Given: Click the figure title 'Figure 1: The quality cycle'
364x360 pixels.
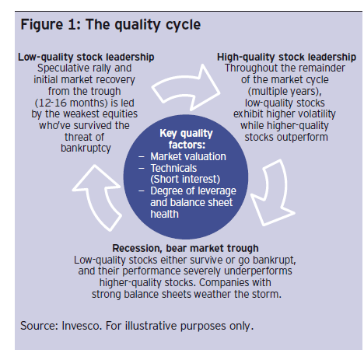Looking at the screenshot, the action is [110, 25].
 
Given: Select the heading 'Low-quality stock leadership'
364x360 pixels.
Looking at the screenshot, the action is [86, 57].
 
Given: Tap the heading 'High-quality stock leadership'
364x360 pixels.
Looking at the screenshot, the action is [286, 57].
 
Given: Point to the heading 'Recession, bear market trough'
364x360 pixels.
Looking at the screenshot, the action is [185, 248].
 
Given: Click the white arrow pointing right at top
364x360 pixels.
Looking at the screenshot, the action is [186, 88].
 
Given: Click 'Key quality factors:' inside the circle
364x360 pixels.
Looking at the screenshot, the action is [186, 139].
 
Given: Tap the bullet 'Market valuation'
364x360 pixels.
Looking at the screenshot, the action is [188, 156].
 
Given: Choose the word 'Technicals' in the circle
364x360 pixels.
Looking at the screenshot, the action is [173, 168].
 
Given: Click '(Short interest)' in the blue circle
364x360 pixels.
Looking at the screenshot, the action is [185, 179].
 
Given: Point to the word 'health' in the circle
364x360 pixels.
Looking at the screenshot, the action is [164, 214].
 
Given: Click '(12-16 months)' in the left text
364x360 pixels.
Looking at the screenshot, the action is [71, 103].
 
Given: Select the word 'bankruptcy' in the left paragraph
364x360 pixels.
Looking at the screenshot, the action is [86, 149].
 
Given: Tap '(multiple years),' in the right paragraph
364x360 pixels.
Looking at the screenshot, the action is [285, 92].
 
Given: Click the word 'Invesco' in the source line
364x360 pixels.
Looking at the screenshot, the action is [81, 326].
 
